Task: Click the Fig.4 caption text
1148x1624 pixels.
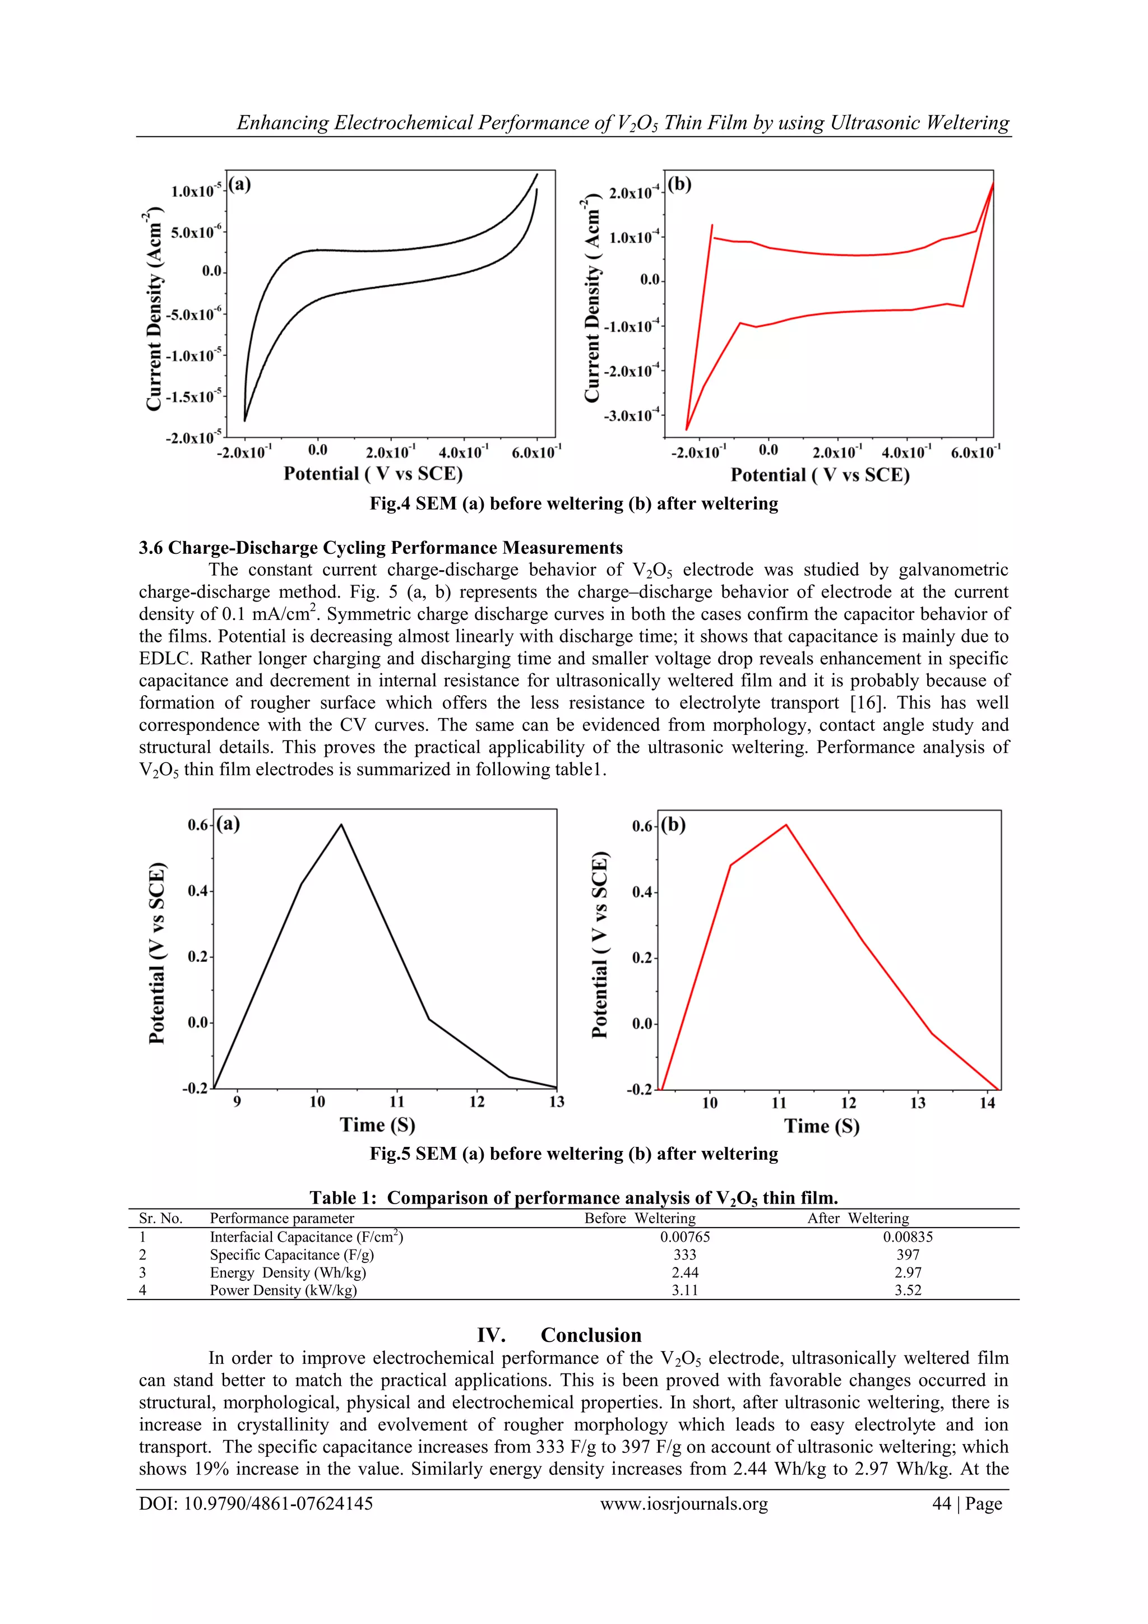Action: pos(573,503)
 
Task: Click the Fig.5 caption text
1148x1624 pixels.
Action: pos(573,1154)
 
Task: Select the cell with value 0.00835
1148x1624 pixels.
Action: pos(908,1237)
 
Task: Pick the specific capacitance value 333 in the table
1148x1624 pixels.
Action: pos(684,1255)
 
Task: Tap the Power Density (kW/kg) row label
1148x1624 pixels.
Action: pos(283,1290)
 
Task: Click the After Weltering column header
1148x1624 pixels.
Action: pos(858,1218)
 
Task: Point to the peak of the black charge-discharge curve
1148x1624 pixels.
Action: pos(341,824)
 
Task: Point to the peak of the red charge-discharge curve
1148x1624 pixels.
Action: pos(786,825)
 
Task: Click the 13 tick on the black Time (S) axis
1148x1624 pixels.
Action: pos(557,1102)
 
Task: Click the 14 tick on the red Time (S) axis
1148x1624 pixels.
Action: pos(988,1103)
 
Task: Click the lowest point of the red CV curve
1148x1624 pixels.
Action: pos(687,429)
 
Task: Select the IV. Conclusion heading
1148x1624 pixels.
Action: pos(559,1335)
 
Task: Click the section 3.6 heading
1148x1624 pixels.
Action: pos(381,548)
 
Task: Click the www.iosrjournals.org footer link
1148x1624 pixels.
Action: pos(684,1504)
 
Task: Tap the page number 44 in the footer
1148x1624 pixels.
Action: pos(942,1504)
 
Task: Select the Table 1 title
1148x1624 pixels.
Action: pos(573,1197)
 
